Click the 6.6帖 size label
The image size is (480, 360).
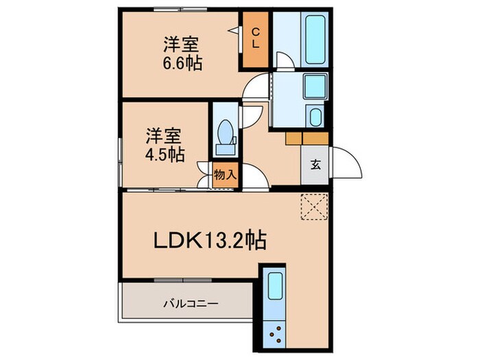(x=182, y=62)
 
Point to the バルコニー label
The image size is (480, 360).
(x=190, y=302)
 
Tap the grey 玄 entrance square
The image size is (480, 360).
(x=315, y=165)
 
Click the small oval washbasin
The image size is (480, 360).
(x=315, y=117)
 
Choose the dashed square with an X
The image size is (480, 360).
(x=315, y=206)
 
